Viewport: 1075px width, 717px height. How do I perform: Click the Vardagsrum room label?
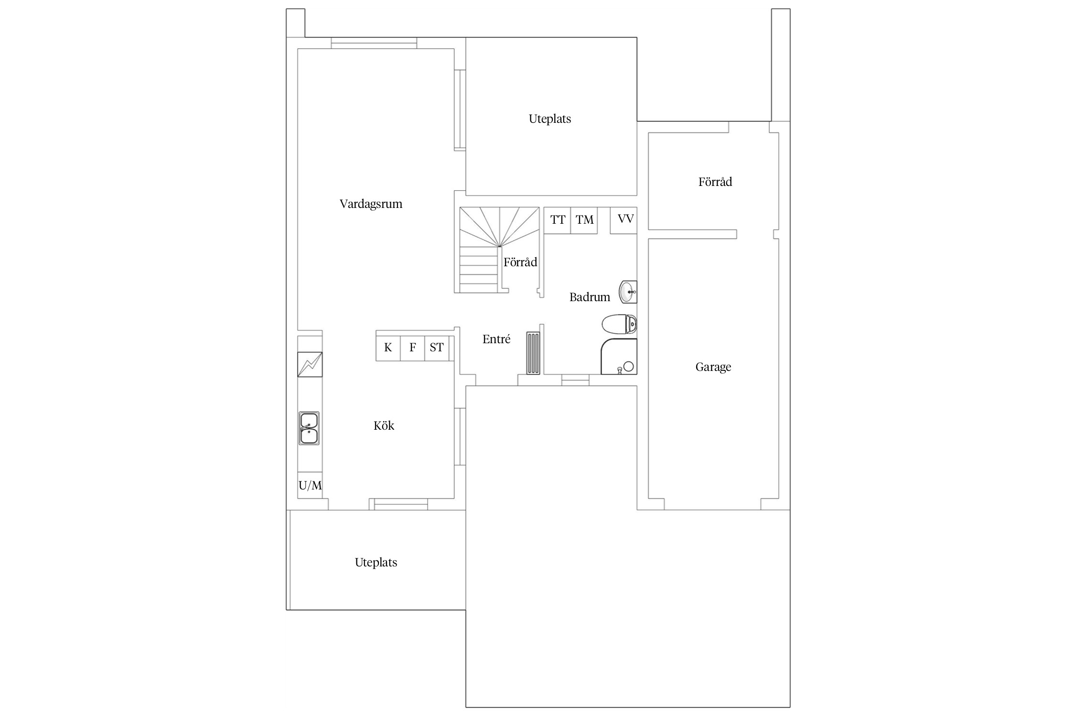(x=371, y=204)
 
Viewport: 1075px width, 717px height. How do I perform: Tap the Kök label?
(x=384, y=425)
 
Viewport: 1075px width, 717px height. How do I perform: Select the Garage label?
(x=713, y=367)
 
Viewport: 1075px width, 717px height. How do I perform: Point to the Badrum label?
(x=590, y=297)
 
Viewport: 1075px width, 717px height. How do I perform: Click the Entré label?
(x=496, y=339)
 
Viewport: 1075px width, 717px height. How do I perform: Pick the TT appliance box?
(x=558, y=220)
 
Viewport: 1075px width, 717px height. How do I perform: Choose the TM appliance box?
(x=584, y=220)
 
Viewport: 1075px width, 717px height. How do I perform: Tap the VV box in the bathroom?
(x=623, y=220)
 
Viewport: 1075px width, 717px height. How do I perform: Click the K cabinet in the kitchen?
(x=388, y=348)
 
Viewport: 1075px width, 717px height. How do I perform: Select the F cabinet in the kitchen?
(x=413, y=348)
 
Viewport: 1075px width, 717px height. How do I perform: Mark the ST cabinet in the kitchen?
(x=437, y=348)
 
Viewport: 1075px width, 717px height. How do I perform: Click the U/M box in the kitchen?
(x=310, y=486)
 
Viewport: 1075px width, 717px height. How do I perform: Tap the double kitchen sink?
(x=309, y=428)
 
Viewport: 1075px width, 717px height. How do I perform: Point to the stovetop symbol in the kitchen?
(x=310, y=364)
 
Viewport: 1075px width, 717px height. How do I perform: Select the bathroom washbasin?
(x=628, y=292)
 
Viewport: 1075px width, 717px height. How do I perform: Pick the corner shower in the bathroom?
(x=619, y=357)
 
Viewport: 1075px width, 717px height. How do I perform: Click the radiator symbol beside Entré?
(x=533, y=353)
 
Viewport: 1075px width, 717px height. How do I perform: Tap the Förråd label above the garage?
(x=715, y=182)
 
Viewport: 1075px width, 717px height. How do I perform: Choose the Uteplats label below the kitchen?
(x=376, y=563)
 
